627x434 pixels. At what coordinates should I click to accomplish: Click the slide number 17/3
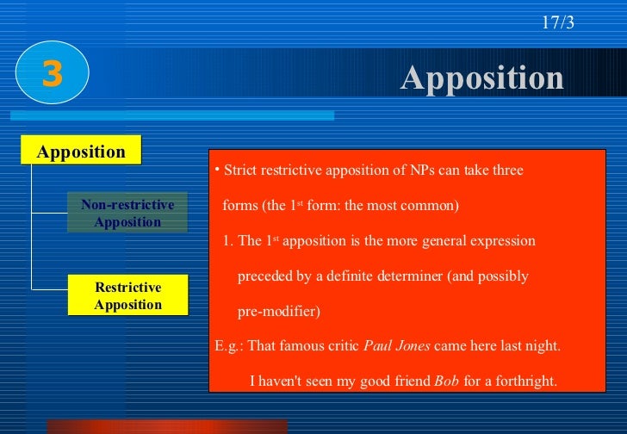[557, 23]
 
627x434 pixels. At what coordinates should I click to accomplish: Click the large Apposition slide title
[481, 78]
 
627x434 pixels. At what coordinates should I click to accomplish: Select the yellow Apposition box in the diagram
[82, 152]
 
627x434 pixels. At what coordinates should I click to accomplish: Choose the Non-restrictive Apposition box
[127, 214]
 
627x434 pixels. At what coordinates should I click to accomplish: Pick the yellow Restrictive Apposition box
[127, 296]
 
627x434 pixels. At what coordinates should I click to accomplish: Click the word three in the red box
[506, 170]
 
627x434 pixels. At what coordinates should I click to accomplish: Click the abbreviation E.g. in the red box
[229, 346]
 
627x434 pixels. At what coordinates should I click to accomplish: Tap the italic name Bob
[446, 380]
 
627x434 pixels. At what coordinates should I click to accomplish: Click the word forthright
[520, 380]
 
